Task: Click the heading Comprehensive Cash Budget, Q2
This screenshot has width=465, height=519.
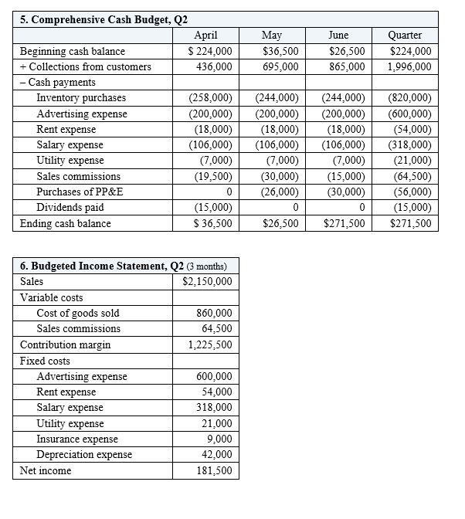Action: [x=104, y=19]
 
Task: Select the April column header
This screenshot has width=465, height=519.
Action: [x=205, y=36]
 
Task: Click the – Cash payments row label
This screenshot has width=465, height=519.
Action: [x=58, y=83]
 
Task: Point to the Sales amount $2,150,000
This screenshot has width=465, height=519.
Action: [x=207, y=282]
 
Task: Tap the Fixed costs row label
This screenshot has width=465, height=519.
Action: [x=45, y=361]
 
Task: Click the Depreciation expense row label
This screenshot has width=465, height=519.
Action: [x=84, y=455]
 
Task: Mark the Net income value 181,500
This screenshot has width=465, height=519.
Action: [x=214, y=471]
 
